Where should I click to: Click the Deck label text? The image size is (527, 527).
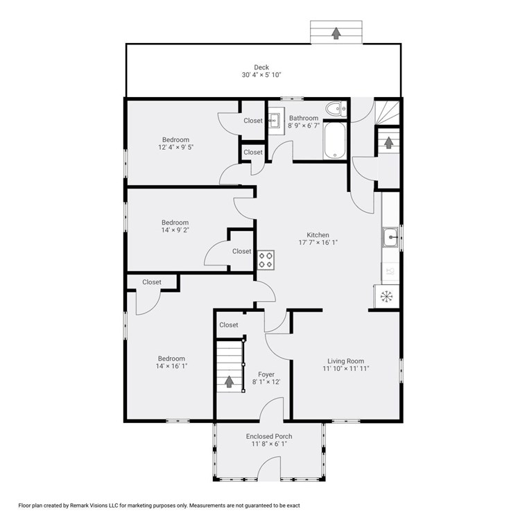point(261,67)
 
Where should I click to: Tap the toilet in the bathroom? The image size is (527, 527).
point(336,108)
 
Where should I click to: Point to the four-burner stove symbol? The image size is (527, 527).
point(266,259)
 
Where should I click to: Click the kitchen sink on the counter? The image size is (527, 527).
point(391,237)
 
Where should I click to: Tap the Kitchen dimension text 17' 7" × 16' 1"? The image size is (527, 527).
point(318,243)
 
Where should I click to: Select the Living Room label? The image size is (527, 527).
point(346,361)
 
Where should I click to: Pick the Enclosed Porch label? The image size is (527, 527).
point(269,436)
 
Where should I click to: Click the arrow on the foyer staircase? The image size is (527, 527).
point(229,381)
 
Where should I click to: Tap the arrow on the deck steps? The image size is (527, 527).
point(336,33)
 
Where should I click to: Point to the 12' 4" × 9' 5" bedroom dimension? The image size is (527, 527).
point(175,147)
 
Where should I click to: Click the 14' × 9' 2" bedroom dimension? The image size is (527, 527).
point(175,231)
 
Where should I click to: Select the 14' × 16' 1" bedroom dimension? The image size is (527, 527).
point(171,367)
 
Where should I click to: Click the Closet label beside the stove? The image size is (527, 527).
point(242,251)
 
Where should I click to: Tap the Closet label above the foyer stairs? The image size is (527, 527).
point(229,325)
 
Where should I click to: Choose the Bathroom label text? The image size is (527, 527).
point(304,118)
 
